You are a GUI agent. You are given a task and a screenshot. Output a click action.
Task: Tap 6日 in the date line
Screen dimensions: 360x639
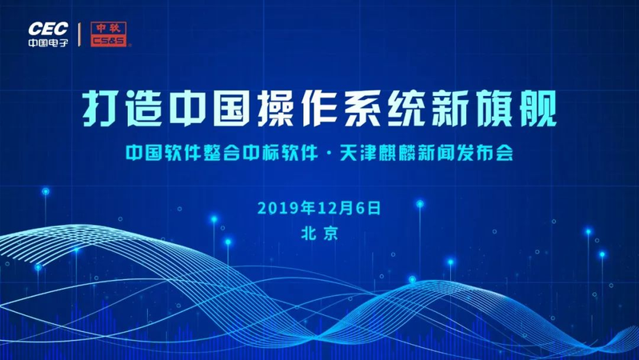pos(366,207)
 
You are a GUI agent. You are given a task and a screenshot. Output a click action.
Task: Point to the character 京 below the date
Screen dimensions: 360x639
pos(331,233)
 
